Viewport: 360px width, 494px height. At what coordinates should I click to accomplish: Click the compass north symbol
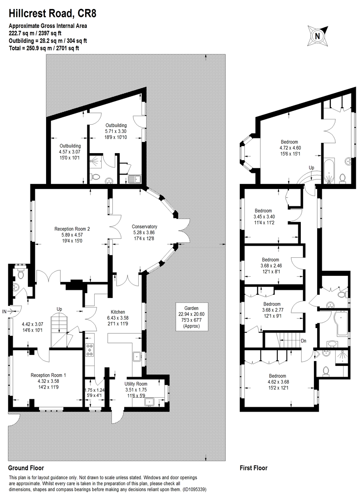click(x=317, y=36)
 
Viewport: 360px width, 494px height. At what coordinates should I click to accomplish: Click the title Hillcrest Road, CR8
click(x=52, y=14)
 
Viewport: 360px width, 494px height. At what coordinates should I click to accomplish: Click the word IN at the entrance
click(x=4, y=310)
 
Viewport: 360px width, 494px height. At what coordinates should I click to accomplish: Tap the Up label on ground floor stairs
click(x=60, y=309)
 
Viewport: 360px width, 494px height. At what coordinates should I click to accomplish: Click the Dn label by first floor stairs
click(x=304, y=340)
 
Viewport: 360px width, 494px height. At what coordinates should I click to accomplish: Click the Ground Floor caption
click(x=26, y=468)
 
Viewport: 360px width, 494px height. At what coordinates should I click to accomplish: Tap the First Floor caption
click(x=253, y=468)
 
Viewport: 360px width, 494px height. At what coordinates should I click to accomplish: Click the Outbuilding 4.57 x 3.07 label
click(x=70, y=151)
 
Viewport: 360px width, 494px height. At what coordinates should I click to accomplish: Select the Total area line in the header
click(x=44, y=48)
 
